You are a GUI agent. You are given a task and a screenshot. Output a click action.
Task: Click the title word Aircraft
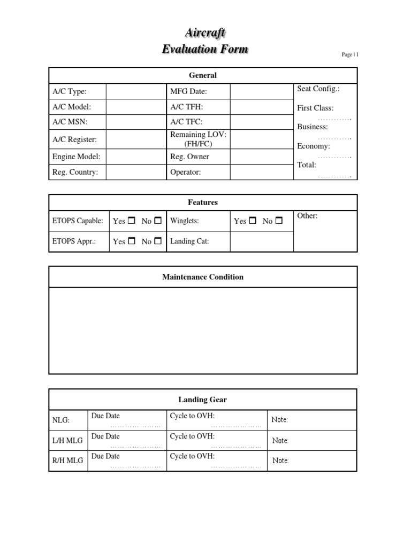click(x=205, y=33)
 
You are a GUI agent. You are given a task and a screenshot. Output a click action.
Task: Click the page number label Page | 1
click(x=351, y=54)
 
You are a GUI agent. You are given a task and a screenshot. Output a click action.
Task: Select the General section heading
click(x=203, y=75)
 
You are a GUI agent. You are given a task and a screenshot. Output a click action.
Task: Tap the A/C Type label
click(x=69, y=91)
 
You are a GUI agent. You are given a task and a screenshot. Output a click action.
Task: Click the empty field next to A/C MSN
click(x=136, y=122)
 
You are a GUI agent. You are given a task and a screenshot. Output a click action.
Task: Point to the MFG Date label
click(x=188, y=91)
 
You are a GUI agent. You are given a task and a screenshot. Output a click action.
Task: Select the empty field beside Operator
click(x=262, y=173)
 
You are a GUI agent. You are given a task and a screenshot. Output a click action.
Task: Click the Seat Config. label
click(x=318, y=89)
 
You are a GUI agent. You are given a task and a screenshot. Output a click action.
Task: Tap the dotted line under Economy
click(x=334, y=157)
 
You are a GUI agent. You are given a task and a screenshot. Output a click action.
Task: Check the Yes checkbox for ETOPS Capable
click(x=132, y=221)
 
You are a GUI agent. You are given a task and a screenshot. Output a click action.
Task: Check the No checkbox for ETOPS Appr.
click(x=158, y=241)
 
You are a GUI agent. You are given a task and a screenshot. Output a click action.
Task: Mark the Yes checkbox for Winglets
click(x=253, y=221)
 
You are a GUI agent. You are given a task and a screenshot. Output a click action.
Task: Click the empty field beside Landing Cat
click(x=262, y=241)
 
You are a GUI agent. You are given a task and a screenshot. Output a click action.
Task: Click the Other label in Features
click(x=307, y=216)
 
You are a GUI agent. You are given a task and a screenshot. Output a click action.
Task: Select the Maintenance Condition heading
click(x=203, y=277)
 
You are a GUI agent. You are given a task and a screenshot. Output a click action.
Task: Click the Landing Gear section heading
click(x=203, y=400)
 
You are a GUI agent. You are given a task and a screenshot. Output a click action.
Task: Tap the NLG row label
click(x=61, y=420)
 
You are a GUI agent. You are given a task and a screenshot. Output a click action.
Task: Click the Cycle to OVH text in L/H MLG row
click(x=192, y=436)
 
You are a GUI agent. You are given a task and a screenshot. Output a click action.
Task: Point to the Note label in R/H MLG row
click(x=280, y=460)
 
